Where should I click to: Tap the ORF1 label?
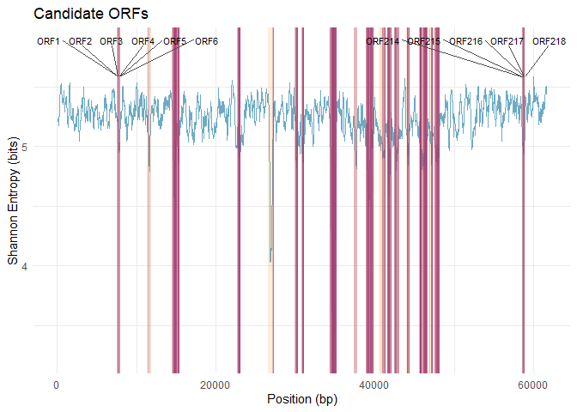point(48,41)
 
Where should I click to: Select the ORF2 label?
point(80,41)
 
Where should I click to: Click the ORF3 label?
point(111,41)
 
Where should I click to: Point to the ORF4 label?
point(143,41)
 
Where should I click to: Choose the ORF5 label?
point(174,41)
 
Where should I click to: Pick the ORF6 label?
point(206,41)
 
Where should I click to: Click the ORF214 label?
point(382,41)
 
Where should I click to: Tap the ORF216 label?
point(465,41)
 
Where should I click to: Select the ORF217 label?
point(507,41)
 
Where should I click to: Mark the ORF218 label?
point(549,41)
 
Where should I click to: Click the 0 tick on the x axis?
point(57,385)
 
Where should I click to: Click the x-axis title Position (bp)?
point(301,399)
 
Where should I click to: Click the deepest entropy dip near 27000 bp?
point(270,261)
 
